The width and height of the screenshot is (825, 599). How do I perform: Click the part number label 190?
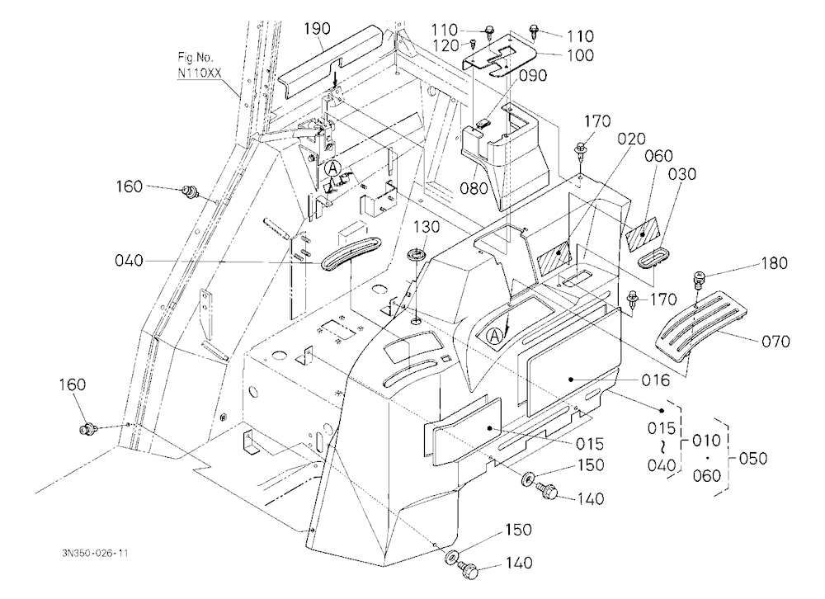point(318,28)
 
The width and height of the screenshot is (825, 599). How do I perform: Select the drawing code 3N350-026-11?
point(94,553)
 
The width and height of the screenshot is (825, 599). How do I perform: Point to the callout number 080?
point(474,187)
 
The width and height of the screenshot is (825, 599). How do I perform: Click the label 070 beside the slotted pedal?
point(775,342)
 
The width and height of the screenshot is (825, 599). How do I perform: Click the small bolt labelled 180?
point(700,280)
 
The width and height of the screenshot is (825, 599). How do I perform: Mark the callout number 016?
point(656,380)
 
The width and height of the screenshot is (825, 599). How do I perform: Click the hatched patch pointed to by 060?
point(643,232)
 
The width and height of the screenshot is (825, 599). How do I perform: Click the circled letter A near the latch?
point(332,168)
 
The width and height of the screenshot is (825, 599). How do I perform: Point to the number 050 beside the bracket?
point(753,458)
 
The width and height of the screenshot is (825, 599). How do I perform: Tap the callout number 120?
point(445,46)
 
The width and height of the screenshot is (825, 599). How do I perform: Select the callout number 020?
point(631,139)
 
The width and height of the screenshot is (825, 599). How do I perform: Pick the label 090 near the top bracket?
point(533,75)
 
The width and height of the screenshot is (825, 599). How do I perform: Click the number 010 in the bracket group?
point(706,440)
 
